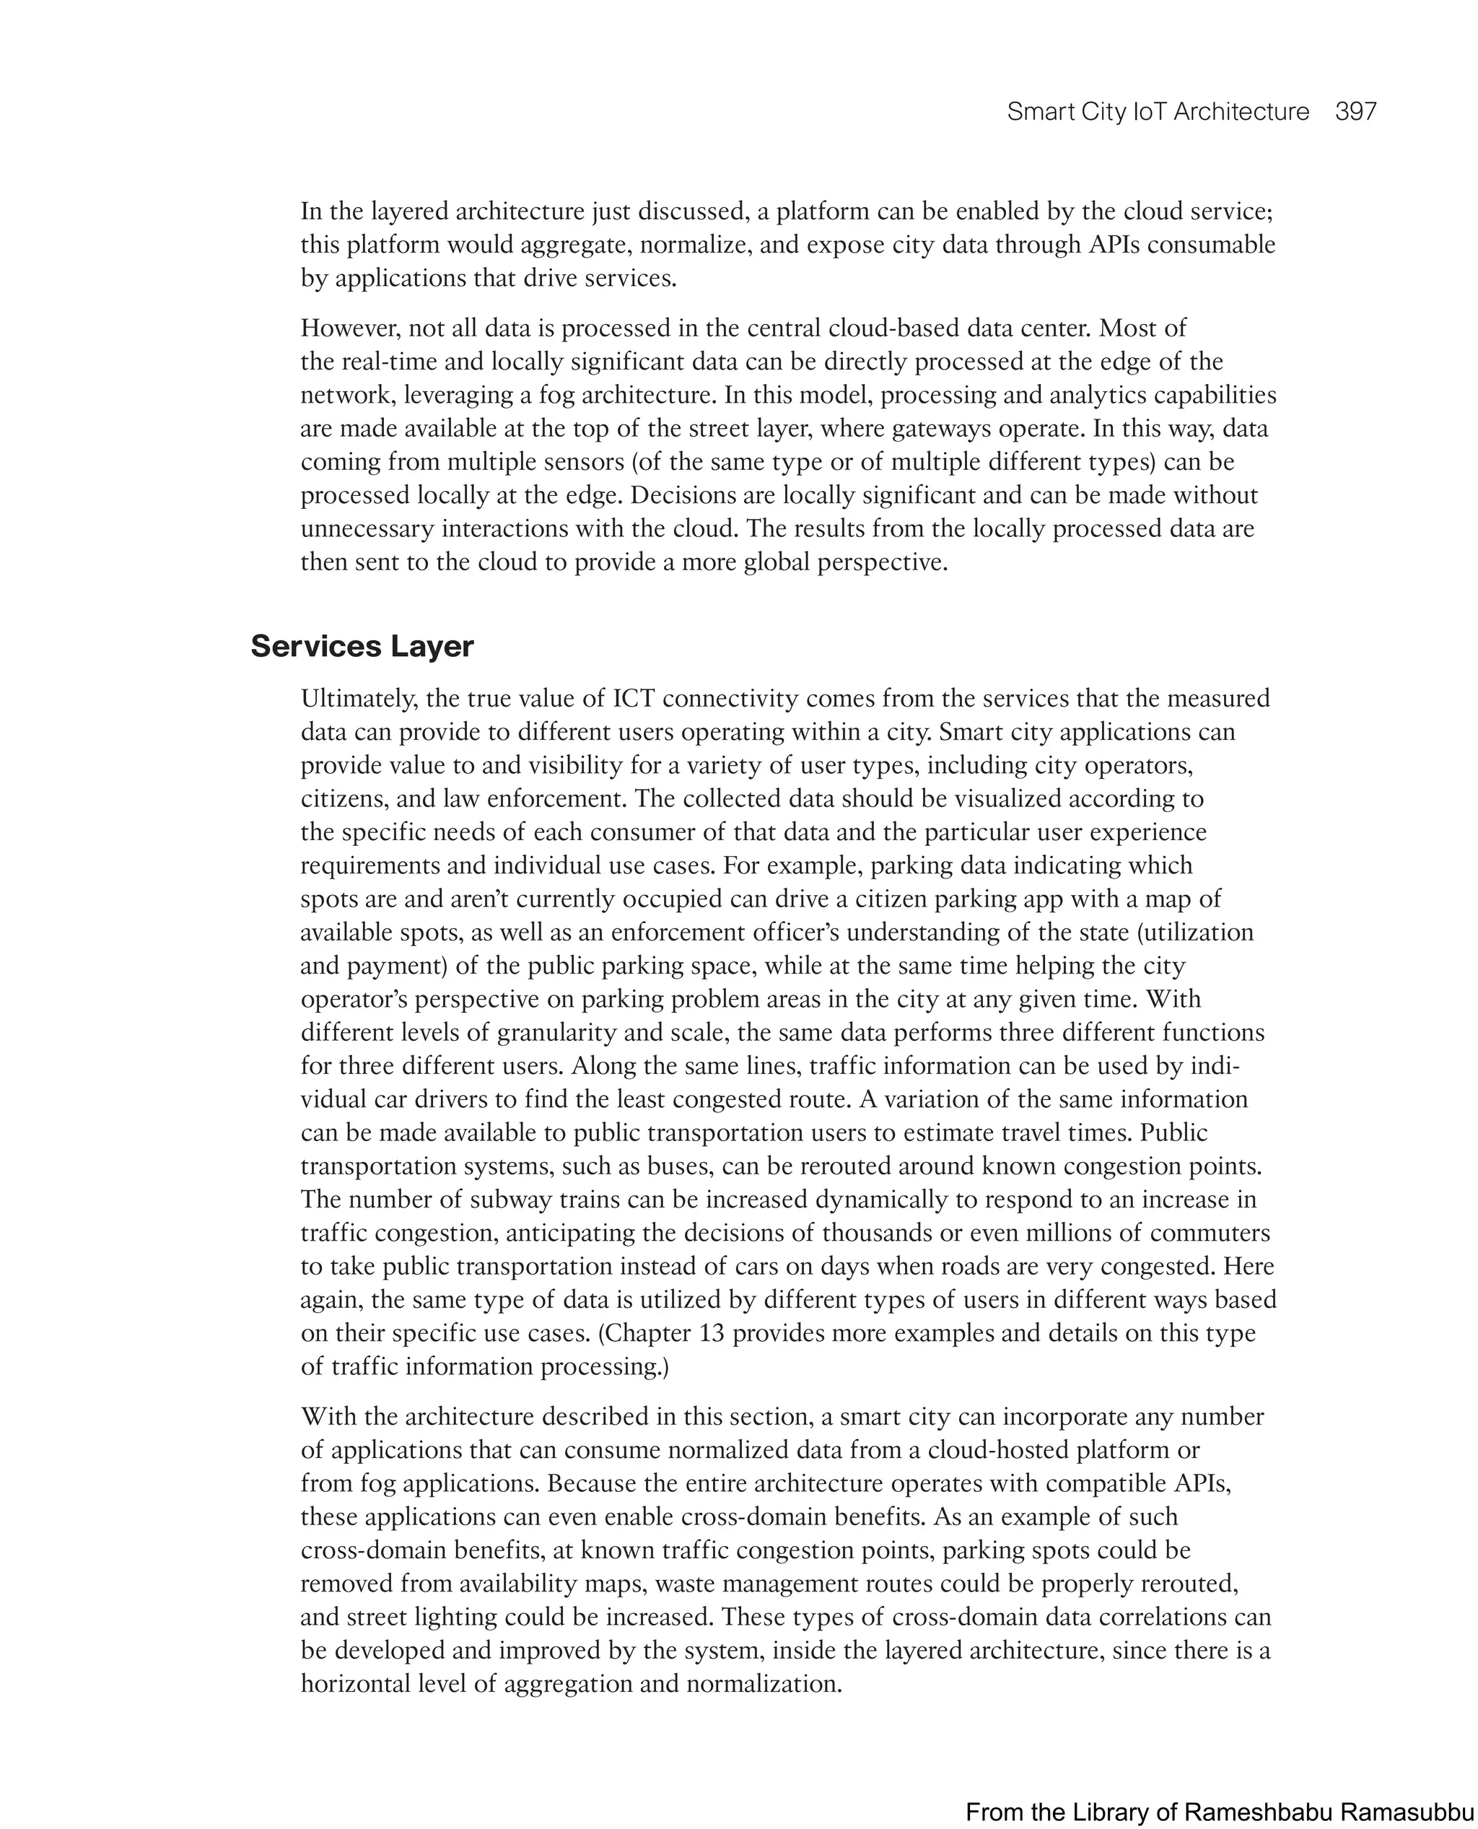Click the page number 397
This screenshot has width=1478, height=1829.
pyautogui.click(x=1355, y=112)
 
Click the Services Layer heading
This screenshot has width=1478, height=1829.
pyautogui.click(x=362, y=646)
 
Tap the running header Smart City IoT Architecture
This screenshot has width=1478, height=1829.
pyautogui.click(x=1158, y=112)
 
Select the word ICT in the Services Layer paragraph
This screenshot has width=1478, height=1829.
pyautogui.click(x=634, y=698)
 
